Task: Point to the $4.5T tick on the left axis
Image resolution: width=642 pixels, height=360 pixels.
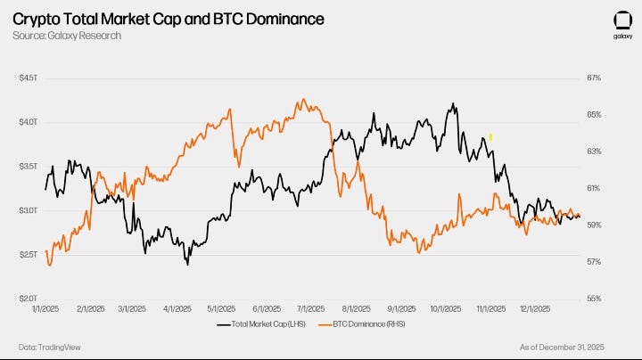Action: point(29,78)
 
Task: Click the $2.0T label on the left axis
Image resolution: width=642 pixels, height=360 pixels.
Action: point(29,299)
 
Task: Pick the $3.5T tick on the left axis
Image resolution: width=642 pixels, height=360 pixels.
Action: point(29,167)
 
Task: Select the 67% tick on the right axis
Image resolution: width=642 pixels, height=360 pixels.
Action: point(594,78)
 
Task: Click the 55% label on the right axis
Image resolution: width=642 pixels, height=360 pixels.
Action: point(594,299)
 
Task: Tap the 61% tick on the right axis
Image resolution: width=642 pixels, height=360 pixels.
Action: point(594,188)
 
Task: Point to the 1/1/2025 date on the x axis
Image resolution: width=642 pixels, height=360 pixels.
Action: point(46,309)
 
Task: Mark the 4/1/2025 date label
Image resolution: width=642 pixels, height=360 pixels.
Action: point(177,309)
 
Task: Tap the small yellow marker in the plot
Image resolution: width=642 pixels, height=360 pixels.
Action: point(490,137)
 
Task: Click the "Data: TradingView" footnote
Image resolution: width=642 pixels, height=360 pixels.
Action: point(45,347)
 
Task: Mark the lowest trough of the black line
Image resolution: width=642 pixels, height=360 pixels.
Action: point(187,265)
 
